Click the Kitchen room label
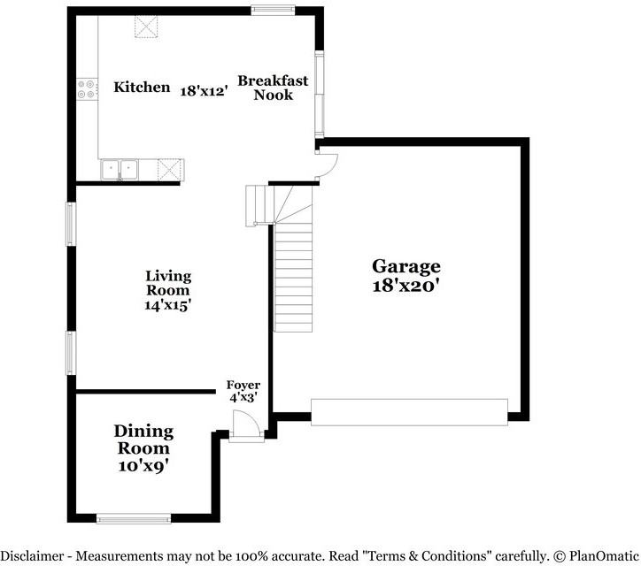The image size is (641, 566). point(142,88)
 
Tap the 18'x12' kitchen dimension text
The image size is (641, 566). point(205,89)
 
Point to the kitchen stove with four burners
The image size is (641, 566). point(88,88)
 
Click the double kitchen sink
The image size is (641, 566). point(119,167)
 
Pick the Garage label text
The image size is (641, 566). point(405,266)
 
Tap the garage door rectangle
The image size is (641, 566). point(409,411)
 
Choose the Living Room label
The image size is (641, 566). point(168,283)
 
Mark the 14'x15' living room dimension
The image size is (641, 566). point(168,304)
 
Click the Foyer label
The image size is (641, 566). point(243,385)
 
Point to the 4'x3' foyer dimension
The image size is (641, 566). point(243,398)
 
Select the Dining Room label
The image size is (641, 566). point(143,440)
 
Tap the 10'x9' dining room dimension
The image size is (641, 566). point(143,464)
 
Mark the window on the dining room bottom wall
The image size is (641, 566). point(133,519)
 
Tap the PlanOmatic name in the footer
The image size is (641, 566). point(602,556)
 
